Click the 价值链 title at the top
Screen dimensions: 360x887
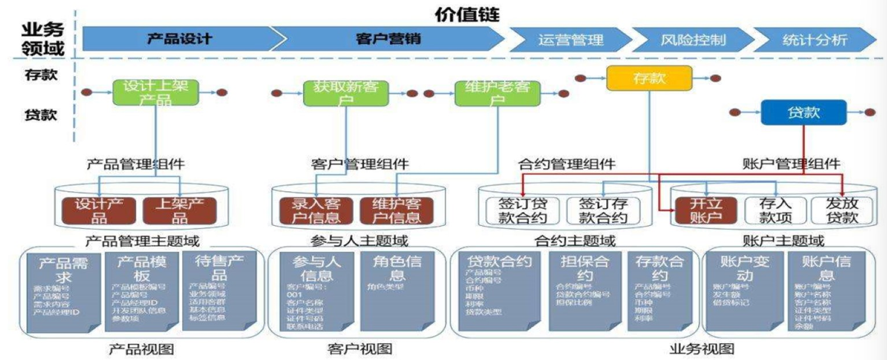point(467,14)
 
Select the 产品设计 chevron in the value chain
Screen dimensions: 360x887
point(179,39)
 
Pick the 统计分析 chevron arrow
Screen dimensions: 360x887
point(814,40)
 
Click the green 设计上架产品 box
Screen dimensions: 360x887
point(155,92)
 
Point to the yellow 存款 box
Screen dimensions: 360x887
point(649,78)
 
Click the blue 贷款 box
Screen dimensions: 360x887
point(804,112)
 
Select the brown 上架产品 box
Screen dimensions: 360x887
point(179,210)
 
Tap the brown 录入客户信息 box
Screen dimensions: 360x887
point(316,210)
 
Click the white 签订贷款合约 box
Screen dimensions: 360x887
point(523,210)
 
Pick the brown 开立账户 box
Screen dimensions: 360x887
point(705,210)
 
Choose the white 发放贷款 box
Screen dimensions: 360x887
point(842,210)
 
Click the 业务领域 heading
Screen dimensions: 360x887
point(43,39)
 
